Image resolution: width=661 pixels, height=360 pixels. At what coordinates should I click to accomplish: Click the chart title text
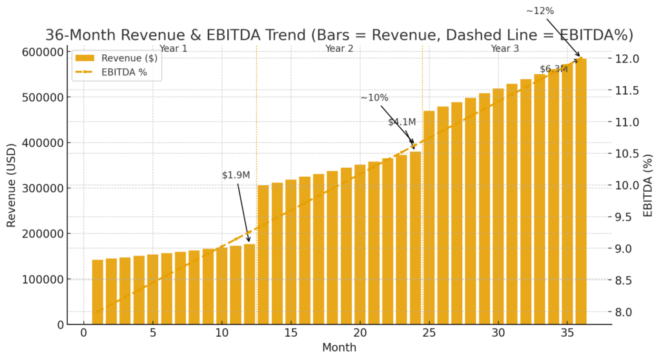[x=339, y=35]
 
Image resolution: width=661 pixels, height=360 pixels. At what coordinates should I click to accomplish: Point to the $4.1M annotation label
[x=402, y=122]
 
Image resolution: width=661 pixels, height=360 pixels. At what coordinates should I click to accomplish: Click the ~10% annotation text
[x=374, y=98]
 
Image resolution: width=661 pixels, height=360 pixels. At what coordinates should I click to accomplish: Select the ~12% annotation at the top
[x=540, y=11]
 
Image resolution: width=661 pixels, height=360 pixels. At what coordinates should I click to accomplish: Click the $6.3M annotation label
[x=553, y=70]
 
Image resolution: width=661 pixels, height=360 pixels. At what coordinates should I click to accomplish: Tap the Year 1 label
[x=173, y=48]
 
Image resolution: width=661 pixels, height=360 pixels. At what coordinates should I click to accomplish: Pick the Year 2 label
[x=339, y=48]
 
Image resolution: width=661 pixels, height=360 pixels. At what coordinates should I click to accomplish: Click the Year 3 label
[x=505, y=48]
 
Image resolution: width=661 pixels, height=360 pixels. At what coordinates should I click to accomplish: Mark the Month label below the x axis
[x=339, y=348]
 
